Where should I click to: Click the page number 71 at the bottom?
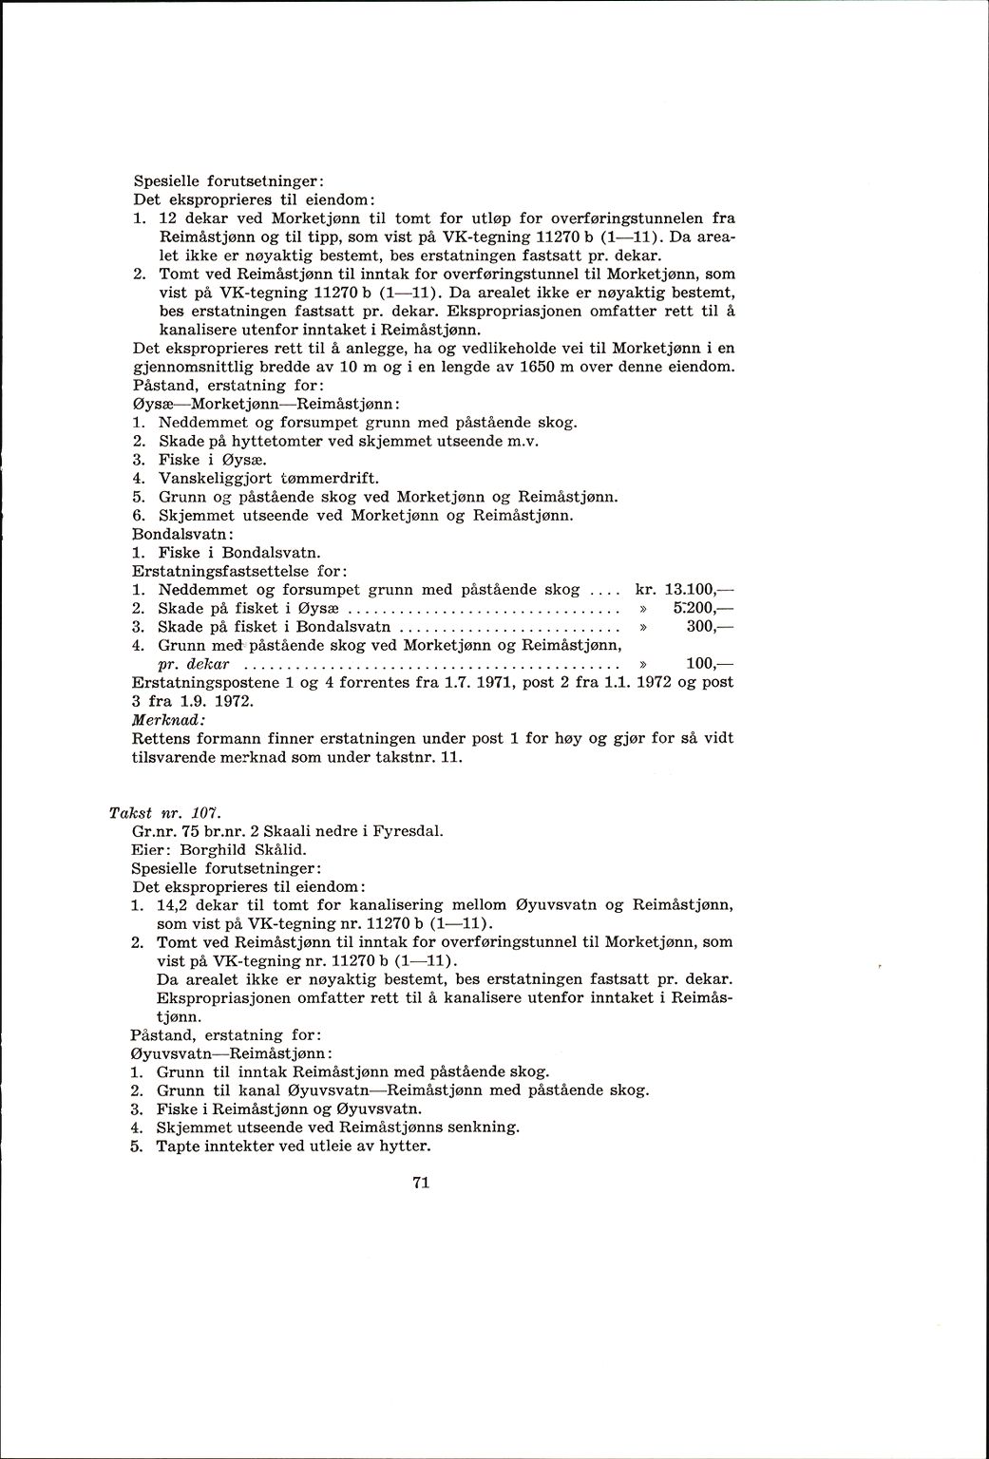click(x=423, y=1183)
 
